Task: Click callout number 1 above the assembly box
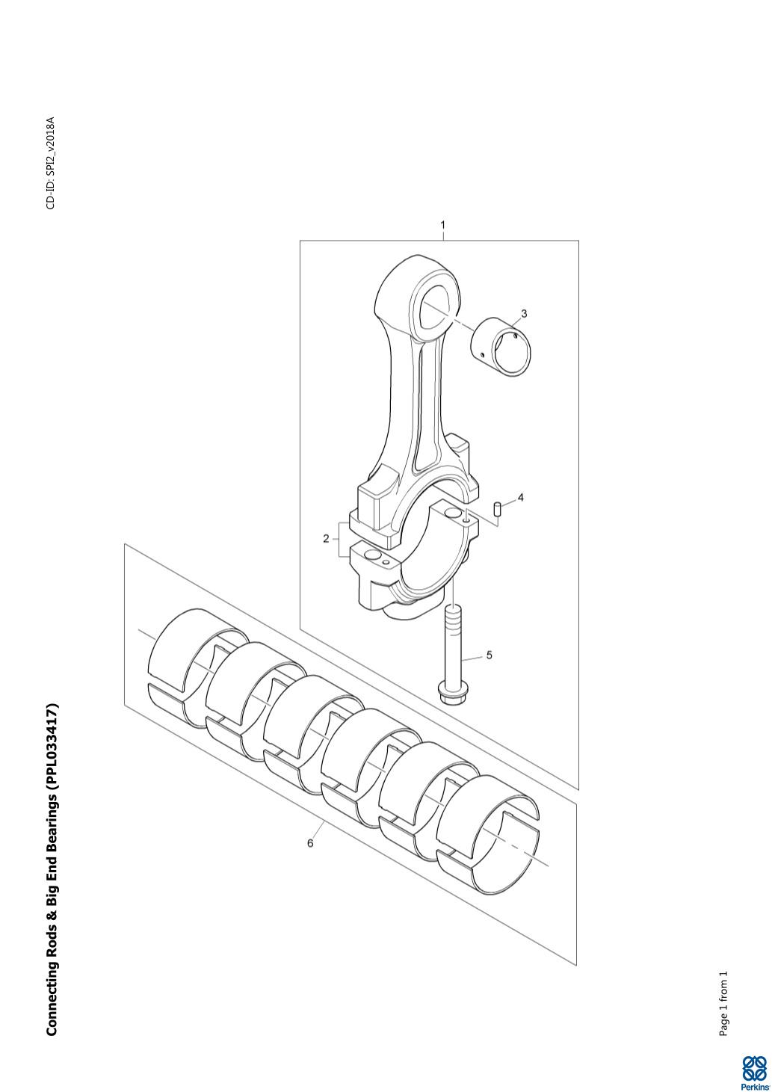pyautogui.click(x=442, y=225)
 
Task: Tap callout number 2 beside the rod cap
pyautogui.click(x=326, y=539)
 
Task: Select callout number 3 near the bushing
pyautogui.click(x=524, y=313)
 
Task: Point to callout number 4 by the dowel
pyautogui.click(x=520, y=498)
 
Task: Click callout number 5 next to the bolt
pyautogui.click(x=490, y=655)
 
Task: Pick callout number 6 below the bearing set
pyautogui.click(x=310, y=843)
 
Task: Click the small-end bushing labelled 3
pyautogui.click(x=501, y=348)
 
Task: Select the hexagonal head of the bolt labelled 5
pyautogui.click(x=453, y=693)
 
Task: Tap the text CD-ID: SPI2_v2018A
pyautogui.click(x=51, y=163)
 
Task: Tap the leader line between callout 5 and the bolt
pyautogui.click(x=472, y=658)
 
